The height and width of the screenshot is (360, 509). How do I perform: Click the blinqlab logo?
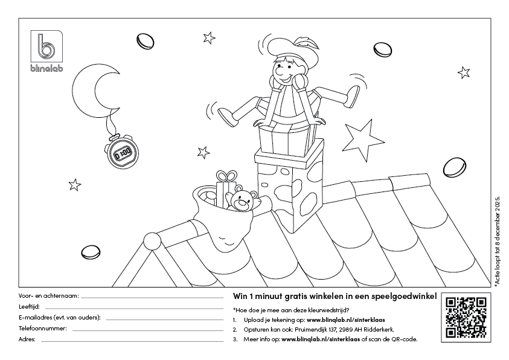pos(46,51)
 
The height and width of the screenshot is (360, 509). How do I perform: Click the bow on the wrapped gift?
pos(226,176)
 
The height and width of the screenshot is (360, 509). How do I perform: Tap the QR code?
pos(466,317)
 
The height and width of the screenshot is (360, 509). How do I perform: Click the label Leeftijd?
pos(29,306)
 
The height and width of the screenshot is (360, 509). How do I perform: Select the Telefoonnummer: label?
pos(42,328)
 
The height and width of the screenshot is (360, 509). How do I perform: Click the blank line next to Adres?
pos(132,341)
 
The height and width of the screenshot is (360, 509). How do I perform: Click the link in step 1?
pos(346,320)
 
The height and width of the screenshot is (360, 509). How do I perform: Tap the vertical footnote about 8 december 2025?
pos(498,241)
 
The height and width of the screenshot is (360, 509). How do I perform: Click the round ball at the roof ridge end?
pos(152,241)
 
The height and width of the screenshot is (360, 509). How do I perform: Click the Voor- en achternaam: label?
pos(49,296)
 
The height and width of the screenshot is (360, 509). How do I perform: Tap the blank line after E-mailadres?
pos(165,320)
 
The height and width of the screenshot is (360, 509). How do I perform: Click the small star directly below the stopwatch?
pos(75,185)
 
